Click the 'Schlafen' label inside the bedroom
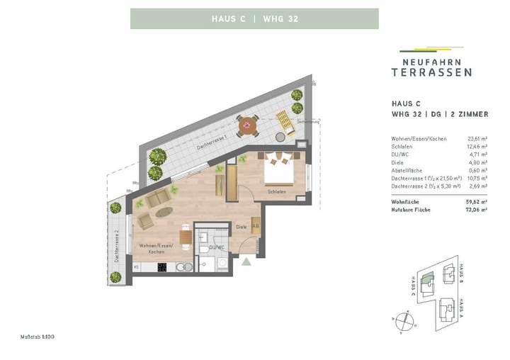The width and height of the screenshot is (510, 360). click(x=276, y=191)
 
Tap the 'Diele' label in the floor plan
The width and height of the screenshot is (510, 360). click(x=241, y=227)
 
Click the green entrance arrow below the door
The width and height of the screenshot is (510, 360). click(x=246, y=261)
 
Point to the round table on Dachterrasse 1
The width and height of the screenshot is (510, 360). click(x=247, y=127)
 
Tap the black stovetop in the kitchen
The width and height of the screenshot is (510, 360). click(x=161, y=267)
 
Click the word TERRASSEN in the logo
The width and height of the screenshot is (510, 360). click(x=431, y=72)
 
